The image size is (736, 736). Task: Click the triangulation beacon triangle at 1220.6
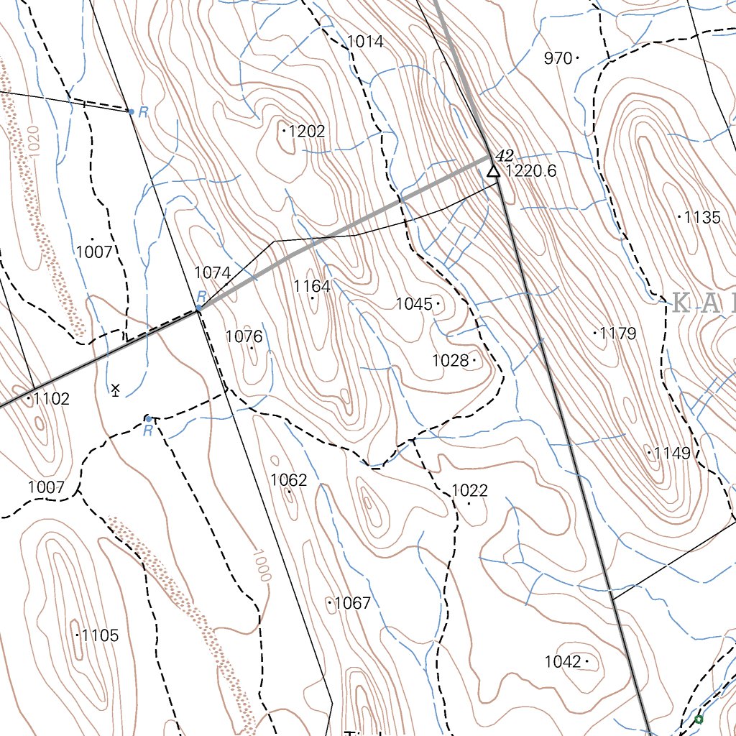click(x=492, y=171)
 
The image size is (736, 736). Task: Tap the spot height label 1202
click(x=306, y=132)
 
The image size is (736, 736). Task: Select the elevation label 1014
click(x=365, y=42)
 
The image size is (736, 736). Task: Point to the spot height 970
click(x=558, y=58)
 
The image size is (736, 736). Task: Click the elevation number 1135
click(x=701, y=217)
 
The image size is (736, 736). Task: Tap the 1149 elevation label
click(x=671, y=454)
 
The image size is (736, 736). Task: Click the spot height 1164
click(x=312, y=287)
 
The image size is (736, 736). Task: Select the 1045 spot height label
click(x=414, y=304)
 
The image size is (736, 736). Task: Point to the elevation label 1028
click(x=450, y=360)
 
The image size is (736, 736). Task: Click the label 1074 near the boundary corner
click(x=213, y=273)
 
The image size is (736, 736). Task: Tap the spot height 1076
click(x=244, y=336)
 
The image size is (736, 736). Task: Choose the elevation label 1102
click(x=51, y=399)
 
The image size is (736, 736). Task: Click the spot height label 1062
click(x=289, y=480)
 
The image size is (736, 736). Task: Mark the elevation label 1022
click(x=470, y=491)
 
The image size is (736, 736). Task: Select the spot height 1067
click(x=352, y=603)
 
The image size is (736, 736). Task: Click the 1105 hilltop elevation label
click(x=99, y=635)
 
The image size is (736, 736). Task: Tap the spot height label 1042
click(x=563, y=662)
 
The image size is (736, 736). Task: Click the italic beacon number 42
click(x=505, y=155)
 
